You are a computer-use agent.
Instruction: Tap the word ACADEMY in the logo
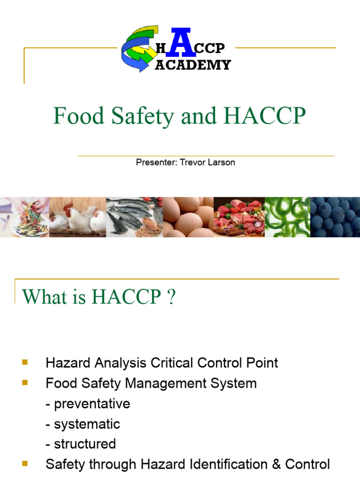point(193,65)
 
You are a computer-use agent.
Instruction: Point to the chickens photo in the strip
point(77,217)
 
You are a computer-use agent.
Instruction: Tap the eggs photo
point(188,217)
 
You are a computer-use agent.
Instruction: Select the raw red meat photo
point(239,217)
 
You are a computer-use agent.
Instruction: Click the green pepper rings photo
point(287,217)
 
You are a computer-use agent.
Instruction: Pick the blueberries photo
point(335,217)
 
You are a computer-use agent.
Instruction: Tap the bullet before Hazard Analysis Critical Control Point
point(25,362)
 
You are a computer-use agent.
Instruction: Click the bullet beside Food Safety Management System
point(25,383)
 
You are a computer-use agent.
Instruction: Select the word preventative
point(92,404)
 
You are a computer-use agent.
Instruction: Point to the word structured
point(85,444)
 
